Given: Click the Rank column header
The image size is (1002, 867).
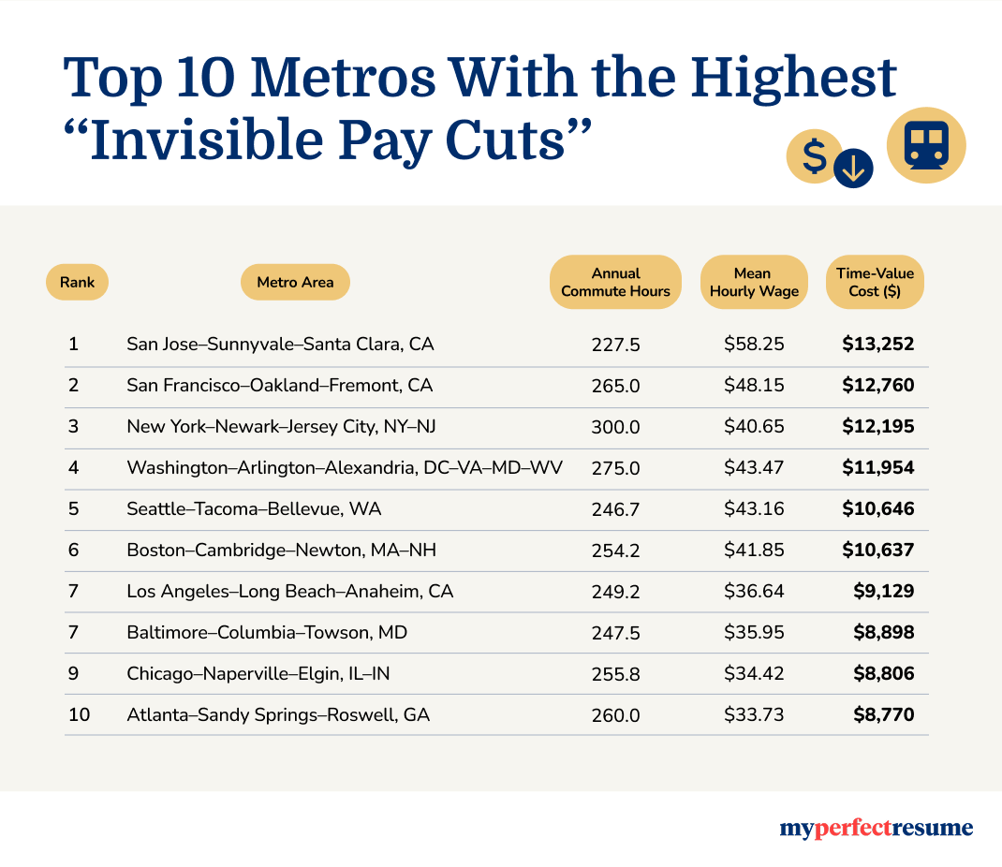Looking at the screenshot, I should click(x=77, y=282).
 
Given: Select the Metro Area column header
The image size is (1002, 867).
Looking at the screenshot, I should click(x=295, y=282).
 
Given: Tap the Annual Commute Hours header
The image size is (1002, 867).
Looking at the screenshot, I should click(x=615, y=282).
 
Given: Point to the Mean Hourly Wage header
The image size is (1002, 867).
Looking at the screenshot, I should click(x=754, y=282).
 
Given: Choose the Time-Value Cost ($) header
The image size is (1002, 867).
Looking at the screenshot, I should click(x=874, y=282).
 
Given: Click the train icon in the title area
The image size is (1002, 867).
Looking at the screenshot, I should click(x=925, y=145).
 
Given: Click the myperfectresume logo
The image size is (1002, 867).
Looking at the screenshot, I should click(x=876, y=828).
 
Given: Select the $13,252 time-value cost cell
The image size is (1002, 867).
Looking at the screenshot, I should click(x=877, y=345).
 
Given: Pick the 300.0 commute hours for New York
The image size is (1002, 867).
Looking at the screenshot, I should click(x=615, y=427).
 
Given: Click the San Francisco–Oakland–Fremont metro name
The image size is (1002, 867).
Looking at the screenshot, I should click(x=279, y=386).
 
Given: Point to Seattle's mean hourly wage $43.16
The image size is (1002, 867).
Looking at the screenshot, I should click(x=754, y=509).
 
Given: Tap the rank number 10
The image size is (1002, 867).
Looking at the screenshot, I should click(x=79, y=715).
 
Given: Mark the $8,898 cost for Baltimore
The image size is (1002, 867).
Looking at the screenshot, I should click(x=883, y=633).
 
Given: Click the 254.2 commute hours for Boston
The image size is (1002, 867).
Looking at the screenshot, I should click(x=615, y=551).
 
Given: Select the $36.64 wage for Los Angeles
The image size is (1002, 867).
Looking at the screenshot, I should click(x=754, y=592).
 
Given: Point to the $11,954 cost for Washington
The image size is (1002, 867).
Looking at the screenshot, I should click(x=877, y=468).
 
